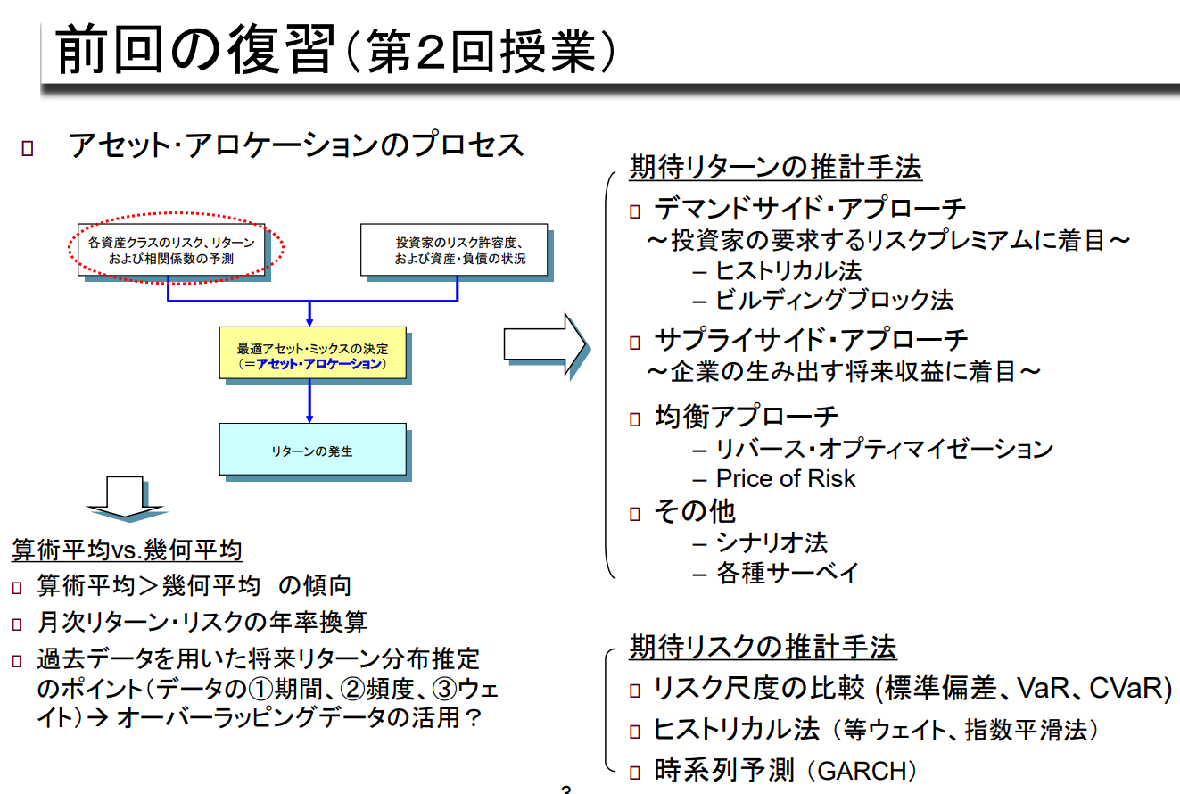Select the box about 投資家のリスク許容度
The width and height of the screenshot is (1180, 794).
point(453,250)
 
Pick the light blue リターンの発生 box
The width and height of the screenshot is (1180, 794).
point(312,451)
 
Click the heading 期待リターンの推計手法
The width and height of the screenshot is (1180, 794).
point(775,168)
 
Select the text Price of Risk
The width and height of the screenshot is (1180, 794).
point(785,479)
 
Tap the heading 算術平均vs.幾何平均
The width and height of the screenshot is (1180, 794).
point(127,550)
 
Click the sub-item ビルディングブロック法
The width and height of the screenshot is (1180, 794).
point(834,300)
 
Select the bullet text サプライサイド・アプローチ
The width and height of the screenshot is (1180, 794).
point(811,340)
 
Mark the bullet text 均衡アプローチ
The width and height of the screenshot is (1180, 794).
point(746,417)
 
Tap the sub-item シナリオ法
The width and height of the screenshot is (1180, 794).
point(772,542)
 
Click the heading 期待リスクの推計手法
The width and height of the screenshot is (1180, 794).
point(763,647)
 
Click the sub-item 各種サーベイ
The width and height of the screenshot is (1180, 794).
point(788,573)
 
